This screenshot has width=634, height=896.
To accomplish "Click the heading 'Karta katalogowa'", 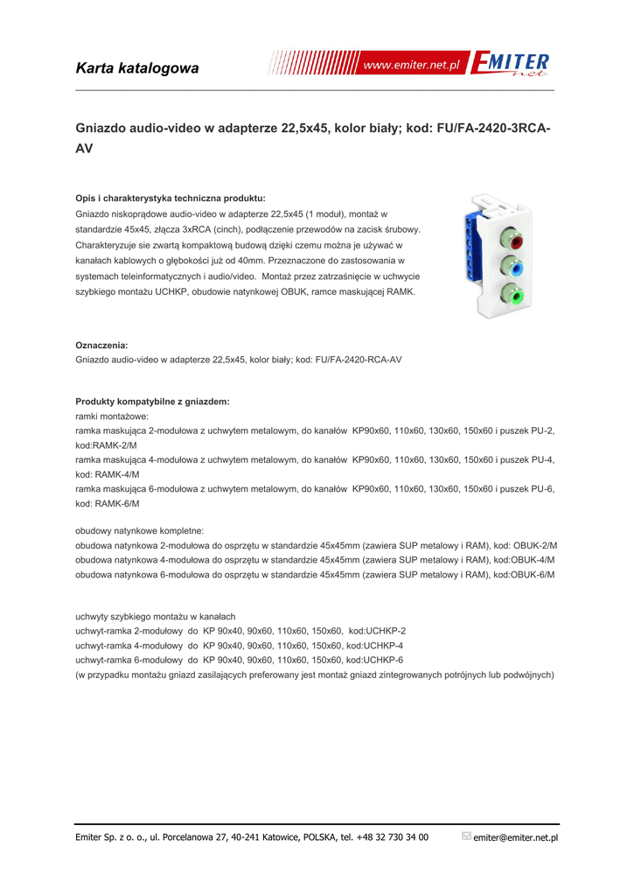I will [137, 68].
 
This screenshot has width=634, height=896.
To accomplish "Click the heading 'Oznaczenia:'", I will [101, 346].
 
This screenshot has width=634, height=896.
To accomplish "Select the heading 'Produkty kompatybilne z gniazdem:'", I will [152, 402].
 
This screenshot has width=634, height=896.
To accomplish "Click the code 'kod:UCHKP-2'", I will [377, 631].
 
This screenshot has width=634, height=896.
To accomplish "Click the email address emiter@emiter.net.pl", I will [515, 837].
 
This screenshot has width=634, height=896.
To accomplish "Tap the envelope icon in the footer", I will [466, 836].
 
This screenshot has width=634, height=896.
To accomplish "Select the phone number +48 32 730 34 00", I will [393, 837].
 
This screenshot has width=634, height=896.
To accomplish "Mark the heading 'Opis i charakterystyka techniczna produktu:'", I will [170, 198].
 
